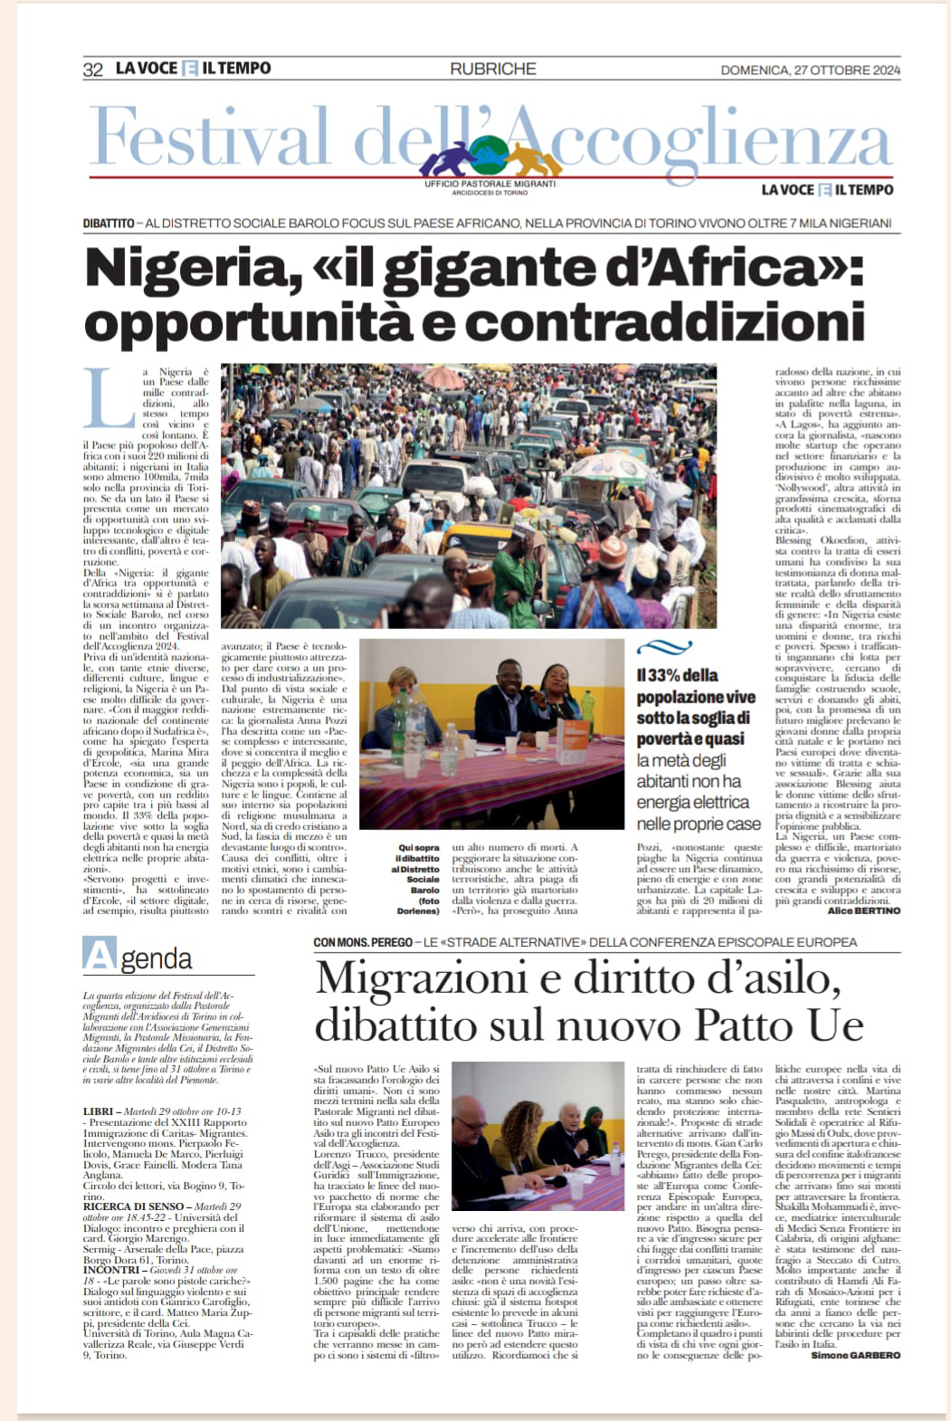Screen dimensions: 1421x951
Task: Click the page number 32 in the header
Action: click(92, 70)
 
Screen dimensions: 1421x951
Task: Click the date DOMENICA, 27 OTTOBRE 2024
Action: click(810, 71)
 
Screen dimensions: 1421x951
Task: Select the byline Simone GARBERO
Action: click(855, 1355)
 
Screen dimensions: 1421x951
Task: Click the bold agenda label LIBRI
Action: click(96, 1110)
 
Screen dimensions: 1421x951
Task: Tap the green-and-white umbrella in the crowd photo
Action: click(617, 466)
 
